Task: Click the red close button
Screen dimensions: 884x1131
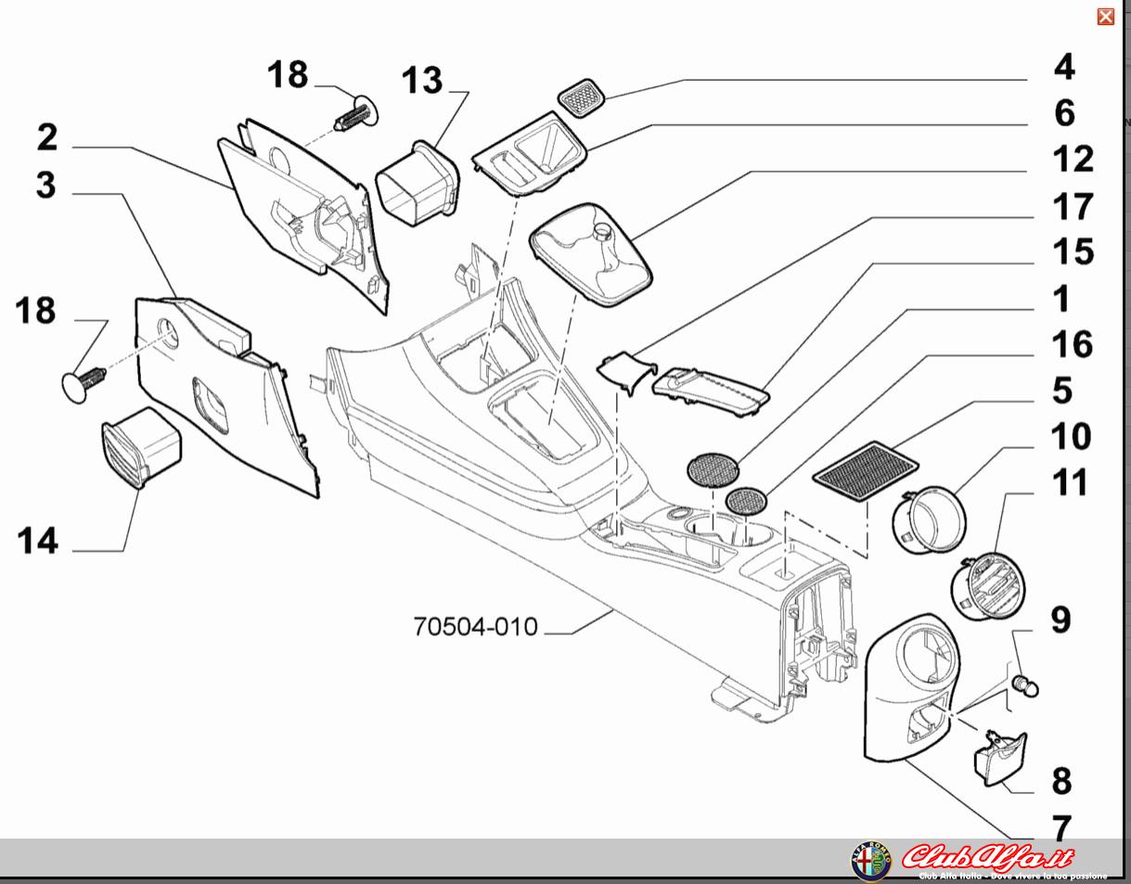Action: tap(1105, 17)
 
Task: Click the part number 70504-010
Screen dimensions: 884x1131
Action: tap(475, 627)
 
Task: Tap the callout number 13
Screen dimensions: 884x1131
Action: tap(422, 81)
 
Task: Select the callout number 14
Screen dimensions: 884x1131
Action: tap(37, 540)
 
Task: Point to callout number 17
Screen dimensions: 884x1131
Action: tap(1072, 206)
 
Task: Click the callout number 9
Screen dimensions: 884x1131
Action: tap(1060, 620)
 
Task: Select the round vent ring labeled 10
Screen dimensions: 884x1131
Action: tap(929, 520)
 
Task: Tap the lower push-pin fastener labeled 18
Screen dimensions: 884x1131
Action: tap(84, 381)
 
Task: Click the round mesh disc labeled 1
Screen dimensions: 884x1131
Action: tap(713, 469)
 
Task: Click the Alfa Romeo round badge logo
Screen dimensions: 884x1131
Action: tap(870, 861)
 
